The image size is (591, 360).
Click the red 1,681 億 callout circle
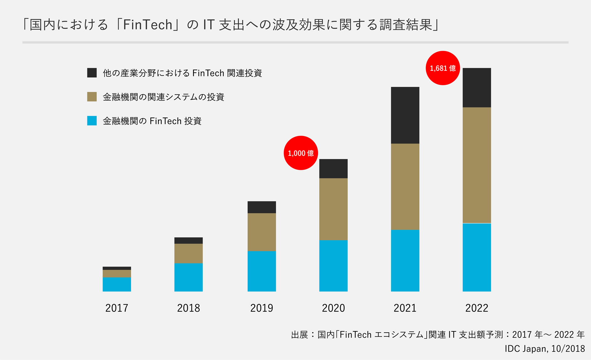coord(443,68)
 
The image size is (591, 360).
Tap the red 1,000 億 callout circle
coord(301,153)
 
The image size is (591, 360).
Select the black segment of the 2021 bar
coord(405,115)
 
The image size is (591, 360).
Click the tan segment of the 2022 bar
coord(477,165)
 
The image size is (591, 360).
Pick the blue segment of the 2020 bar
coord(333,266)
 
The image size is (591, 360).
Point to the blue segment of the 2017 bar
coord(117,284)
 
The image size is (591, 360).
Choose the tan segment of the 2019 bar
coord(262,232)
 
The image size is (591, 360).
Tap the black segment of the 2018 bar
coord(188,240)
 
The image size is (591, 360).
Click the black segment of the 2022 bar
coord(477,88)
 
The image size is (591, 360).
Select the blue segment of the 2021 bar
coord(405,260)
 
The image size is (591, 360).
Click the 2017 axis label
coord(117,308)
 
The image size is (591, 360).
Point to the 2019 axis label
coord(262,308)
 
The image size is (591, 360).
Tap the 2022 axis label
coord(477,308)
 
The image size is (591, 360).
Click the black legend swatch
coord(92,73)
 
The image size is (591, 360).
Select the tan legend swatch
coord(92,97)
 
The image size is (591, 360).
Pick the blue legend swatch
coord(92,121)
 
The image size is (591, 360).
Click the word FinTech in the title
coord(147,25)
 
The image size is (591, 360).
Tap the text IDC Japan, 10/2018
coord(545,349)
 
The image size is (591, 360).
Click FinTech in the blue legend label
coord(166,121)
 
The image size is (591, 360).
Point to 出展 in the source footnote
coord(300,335)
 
